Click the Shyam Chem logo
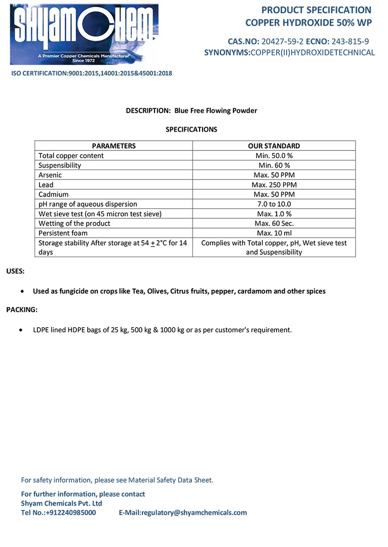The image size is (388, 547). point(84,34)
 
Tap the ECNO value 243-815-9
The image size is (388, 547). point(350,42)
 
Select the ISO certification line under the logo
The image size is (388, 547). point(92,73)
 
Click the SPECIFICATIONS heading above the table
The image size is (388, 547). point(191,130)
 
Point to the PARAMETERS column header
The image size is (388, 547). point(113,146)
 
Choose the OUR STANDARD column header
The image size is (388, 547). point(274,146)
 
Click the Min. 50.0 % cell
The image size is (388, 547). point(274,155)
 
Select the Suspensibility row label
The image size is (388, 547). point(60,165)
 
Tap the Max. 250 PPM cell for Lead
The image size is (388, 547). point(274,185)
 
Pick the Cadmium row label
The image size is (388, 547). point(53,194)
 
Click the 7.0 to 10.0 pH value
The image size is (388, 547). point(274,204)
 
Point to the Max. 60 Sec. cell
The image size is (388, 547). point(274,223)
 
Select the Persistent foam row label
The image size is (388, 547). point(63,233)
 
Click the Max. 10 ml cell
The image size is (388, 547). point(274,233)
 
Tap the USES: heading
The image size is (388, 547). point(15,271)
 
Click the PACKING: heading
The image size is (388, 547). point(22,309)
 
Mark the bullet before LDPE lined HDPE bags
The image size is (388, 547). point(20,330)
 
